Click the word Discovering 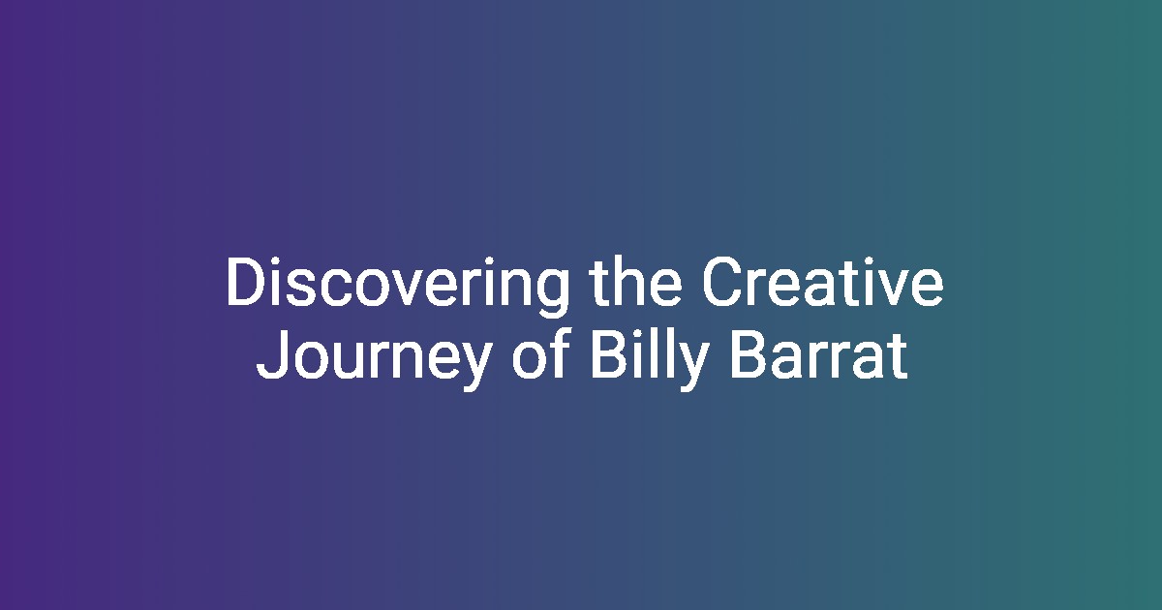(397, 286)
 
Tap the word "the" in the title (636, 282)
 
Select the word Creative (823, 282)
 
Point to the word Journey (374, 359)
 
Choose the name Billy (650, 359)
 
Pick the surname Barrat (819, 354)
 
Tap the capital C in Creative (723, 282)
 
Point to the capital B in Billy (609, 354)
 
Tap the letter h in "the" (629, 281)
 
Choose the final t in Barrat (898, 357)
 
